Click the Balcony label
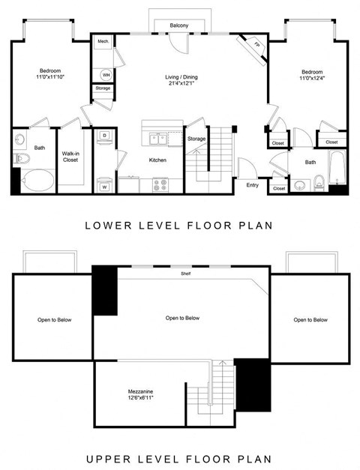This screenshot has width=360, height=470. [178, 26]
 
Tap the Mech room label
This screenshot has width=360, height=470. [103, 42]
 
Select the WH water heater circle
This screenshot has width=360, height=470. [105, 74]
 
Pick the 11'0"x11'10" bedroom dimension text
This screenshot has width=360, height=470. [49, 76]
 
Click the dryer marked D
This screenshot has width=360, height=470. [105, 136]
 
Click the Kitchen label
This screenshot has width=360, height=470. [157, 160]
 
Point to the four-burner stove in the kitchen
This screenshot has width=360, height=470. [160, 184]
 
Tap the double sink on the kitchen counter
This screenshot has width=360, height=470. [158, 138]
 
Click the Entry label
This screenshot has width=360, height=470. [252, 184]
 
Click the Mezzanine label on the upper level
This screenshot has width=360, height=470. [141, 391]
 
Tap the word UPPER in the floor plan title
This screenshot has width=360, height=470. [106, 459]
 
